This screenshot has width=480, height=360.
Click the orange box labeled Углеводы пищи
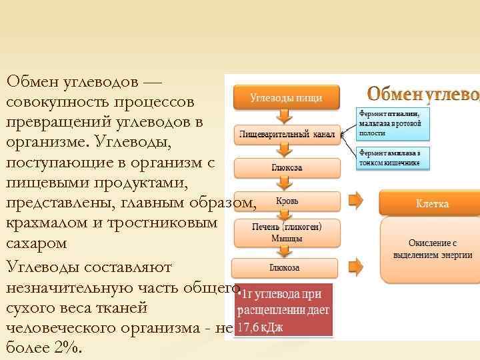[x=286, y=97]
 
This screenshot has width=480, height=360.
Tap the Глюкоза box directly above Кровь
[x=286, y=167]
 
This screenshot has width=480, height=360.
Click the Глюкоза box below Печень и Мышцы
[x=284, y=267]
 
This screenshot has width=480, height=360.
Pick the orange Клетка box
[x=432, y=203]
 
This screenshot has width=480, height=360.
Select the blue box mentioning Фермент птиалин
[x=393, y=123]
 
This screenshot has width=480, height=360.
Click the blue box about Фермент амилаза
[x=393, y=158]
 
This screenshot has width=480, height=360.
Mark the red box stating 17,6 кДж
[x=284, y=311]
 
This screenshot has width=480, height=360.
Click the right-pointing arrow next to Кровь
[x=355, y=199]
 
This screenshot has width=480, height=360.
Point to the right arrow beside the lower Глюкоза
[x=355, y=263]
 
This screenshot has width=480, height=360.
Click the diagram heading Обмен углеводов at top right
[x=423, y=93]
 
